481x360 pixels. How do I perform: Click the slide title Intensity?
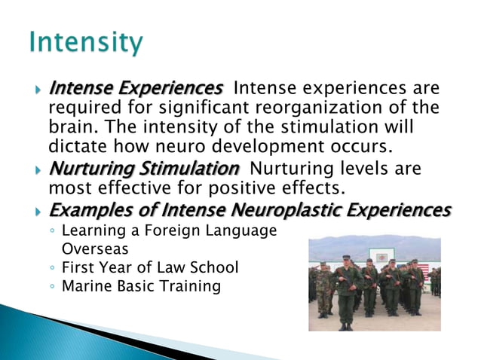point(85,42)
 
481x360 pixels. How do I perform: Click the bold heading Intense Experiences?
point(135,90)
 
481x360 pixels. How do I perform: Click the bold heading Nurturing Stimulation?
point(143,167)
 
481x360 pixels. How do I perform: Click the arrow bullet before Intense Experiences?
point(38,91)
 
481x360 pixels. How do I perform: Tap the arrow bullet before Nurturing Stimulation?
point(38,169)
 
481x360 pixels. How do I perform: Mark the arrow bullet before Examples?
point(38,211)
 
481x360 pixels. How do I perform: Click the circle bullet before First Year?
point(52,267)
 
